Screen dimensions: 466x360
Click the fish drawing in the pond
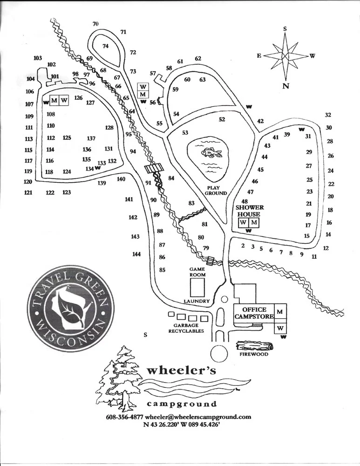pyautogui.click(x=208, y=153)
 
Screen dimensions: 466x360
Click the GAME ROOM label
pyautogui.click(x=197, y=272)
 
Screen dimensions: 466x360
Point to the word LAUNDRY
pyautogui.click(x=197, y=301)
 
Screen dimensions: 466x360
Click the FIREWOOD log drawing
pyautogui.click(x=254, y=346)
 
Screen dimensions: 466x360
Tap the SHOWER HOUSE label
pyautogui.click(x=250, y=211)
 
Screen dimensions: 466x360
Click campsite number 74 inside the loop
pyautogui.click(x=106, y=46)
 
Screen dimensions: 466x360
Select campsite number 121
pyautogui.click(x=28, y=192)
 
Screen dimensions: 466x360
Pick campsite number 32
pyautogui.click(x=328, y=115)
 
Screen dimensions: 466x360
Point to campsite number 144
pyautogui.click(x=136, y=254)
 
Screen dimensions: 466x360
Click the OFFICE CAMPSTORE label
pyautogui.click(x=254, y=313)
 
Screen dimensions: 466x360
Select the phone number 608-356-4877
pyautogui.click(x=124, y=417)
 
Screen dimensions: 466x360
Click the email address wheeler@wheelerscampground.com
pyautogui.click(x=198, y=417)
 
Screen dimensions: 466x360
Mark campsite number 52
pyautogui.click(x=222, y=119)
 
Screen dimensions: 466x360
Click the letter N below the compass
pyautogui.click(x=285, y=86)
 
